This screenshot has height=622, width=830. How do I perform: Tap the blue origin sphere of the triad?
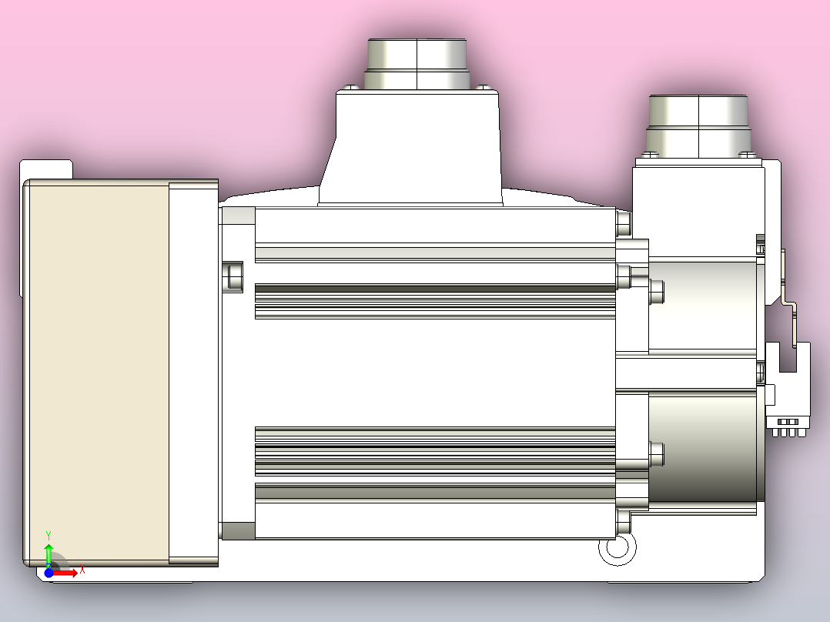49,573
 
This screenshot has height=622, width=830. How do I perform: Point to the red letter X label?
82,570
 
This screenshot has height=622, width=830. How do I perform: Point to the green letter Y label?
49,534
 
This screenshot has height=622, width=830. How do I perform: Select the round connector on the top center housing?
417,65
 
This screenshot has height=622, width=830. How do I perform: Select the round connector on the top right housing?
698,123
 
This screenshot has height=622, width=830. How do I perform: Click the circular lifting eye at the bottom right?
617,548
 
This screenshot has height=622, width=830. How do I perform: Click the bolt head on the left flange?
232,276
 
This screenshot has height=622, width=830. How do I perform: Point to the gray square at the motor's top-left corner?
238,216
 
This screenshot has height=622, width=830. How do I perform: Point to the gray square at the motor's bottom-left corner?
238,530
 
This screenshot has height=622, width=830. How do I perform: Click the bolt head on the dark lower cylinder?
657,453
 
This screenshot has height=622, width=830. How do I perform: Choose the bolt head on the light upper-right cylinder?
657,290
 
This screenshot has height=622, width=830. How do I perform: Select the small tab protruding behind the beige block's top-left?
46,169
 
